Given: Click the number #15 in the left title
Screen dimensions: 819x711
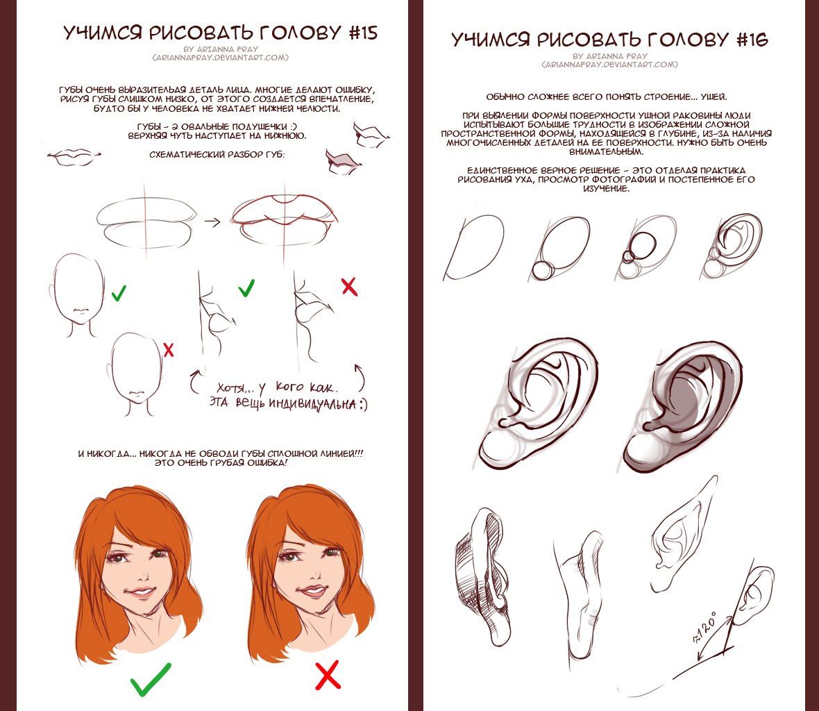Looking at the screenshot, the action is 362,33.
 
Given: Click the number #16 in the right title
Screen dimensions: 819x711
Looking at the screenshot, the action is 752,40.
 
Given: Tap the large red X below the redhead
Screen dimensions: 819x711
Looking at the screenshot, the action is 328,675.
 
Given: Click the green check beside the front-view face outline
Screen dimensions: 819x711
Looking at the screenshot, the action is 119,292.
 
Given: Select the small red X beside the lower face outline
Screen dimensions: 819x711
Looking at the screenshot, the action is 169,349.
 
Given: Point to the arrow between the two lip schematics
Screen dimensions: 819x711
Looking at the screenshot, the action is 212,222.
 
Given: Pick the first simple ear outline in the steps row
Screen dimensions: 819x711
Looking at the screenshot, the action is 473,248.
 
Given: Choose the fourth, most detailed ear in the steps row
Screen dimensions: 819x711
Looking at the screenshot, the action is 732,246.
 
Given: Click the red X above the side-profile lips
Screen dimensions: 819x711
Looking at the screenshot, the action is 349,287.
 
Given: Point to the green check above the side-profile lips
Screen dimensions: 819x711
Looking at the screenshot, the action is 246,288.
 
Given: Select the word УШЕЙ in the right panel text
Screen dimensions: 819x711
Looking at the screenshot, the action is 713,97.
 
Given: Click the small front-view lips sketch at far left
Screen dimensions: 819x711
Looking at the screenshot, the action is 74,157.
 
